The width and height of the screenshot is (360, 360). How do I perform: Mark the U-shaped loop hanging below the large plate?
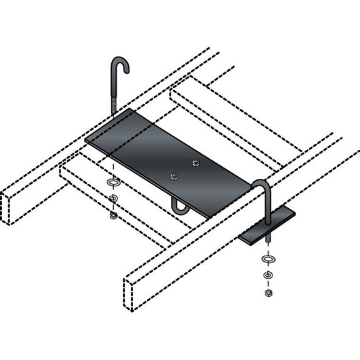coord(180,207)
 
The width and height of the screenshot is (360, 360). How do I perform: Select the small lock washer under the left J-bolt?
coord(113,199)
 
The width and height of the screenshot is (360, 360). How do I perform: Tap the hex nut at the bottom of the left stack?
coord(113,215)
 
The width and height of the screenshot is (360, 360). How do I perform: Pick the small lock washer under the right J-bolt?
coord(267,275)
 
